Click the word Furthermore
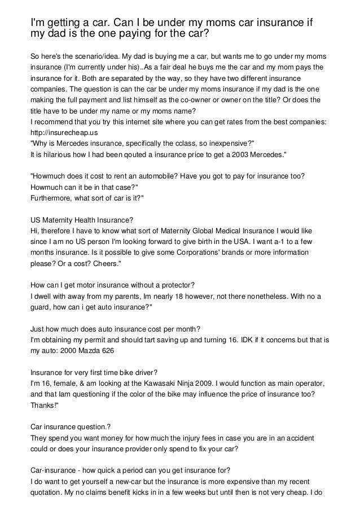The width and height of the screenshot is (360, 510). [53, 197]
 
